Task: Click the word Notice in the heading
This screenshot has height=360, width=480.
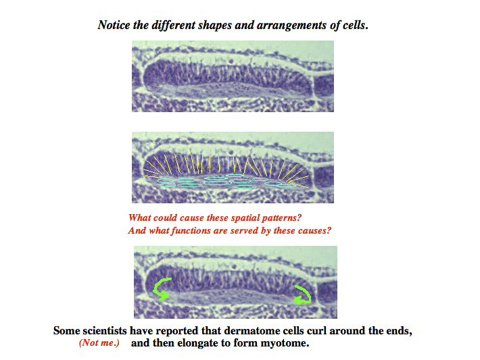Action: coord(114,25)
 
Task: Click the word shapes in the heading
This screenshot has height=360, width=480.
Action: coord(215,26)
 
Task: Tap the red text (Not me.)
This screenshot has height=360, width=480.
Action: coord(99,343)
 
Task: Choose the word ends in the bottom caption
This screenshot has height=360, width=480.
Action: coord(397,331)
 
